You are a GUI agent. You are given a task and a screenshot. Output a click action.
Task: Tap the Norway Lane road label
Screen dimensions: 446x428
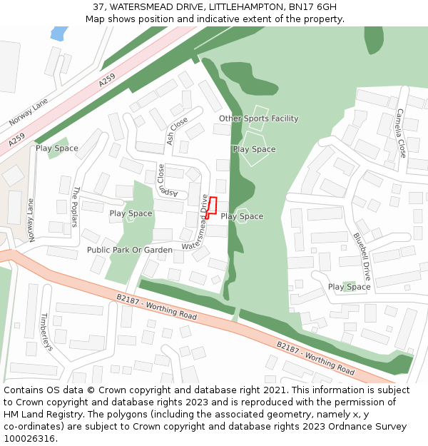29,112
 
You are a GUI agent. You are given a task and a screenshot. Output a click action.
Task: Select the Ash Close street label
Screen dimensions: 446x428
177,131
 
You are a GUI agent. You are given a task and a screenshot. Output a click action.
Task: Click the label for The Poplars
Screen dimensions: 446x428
74,206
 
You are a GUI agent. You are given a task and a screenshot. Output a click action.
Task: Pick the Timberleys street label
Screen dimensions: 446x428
46,331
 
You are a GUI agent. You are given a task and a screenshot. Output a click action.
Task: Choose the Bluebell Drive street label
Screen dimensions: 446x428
362,255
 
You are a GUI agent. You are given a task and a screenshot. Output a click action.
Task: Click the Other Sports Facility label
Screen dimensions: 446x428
258,118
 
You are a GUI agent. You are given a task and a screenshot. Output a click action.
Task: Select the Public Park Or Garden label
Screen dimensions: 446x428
130,250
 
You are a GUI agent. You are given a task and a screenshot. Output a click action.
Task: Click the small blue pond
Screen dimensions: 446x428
59,33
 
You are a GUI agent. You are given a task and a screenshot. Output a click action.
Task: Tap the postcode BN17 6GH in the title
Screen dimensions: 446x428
312,7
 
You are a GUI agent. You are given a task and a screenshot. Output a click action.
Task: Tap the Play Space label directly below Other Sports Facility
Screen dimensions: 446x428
254,149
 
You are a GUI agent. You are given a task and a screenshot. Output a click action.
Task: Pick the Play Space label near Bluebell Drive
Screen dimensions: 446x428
349,287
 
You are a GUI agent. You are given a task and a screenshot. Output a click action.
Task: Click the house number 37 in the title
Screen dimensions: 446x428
98,7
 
